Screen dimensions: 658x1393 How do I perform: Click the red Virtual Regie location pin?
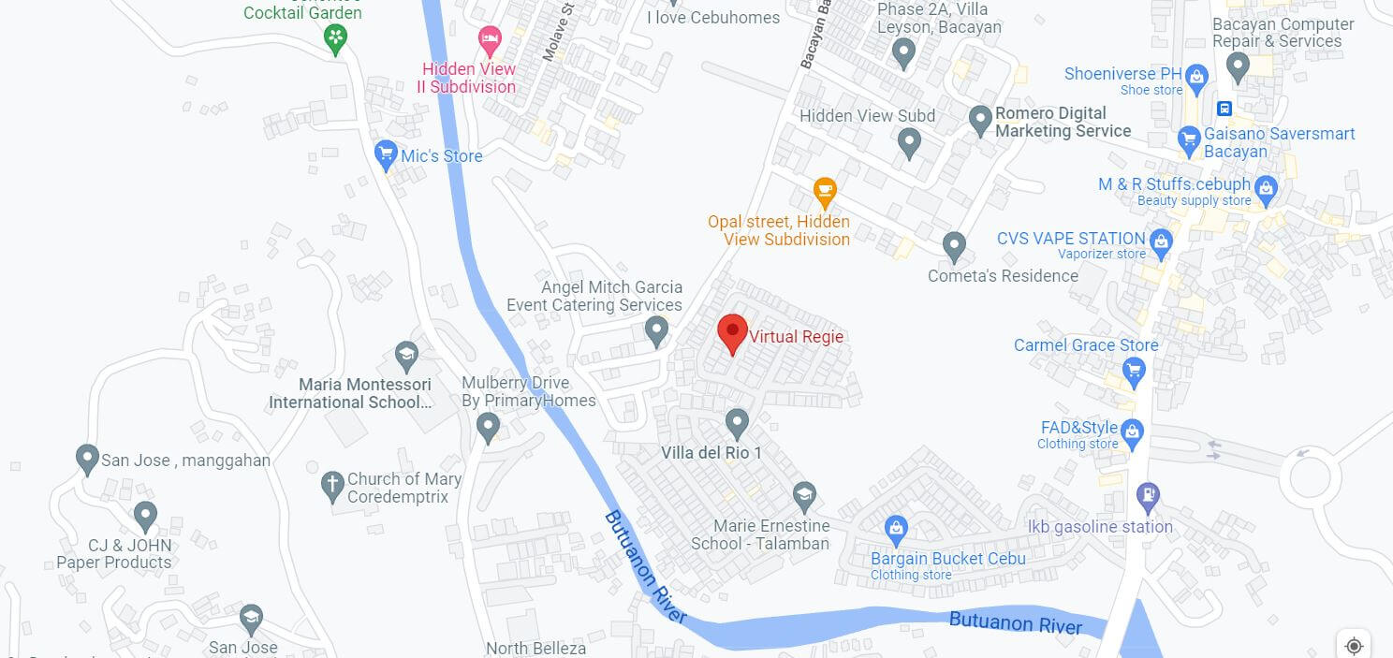click(732, 333)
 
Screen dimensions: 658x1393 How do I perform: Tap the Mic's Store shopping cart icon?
click(386, 154)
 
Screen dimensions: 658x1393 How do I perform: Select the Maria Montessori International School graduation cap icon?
click(405, 355)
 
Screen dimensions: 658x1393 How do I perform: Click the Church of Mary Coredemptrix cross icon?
click(331, 487)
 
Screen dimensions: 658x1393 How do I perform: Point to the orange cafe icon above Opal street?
click(824, 192)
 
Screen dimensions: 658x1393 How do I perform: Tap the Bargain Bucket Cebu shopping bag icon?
click(897, 529)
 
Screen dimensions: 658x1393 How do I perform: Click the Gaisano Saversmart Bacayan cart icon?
click(1189, 141)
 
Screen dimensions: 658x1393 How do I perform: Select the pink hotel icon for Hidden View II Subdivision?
click(489, 40)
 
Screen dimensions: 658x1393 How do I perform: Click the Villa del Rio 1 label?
click(711, 453)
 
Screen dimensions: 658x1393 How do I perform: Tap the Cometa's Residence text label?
click(1003, 276)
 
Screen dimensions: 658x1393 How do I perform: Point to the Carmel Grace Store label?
click(1086, 345)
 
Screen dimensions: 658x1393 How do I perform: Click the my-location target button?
click(1354, 645)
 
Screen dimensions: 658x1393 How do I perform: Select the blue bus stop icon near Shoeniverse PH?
click(1224, 108)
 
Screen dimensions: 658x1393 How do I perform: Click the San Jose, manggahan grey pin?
click(87, 459)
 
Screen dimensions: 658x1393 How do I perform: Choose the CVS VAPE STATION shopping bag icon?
click(1161, 242)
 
